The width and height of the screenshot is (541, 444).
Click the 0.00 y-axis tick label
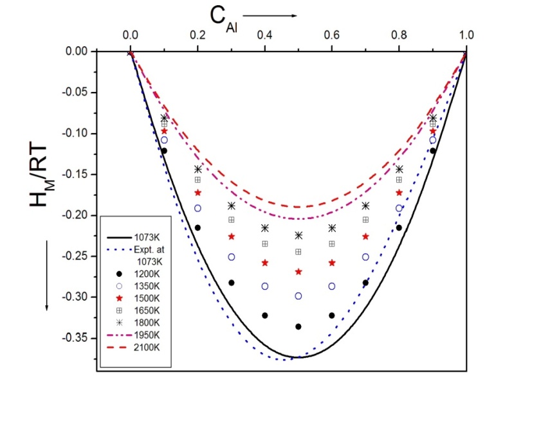(x=80, y=51)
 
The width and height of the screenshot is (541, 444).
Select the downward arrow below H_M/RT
(x=46, y=283)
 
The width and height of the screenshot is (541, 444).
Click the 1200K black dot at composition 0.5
(x=298, y=326)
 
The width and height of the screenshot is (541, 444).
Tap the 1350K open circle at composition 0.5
(x=298, y=296)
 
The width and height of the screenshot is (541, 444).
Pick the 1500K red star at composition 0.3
(x=232, y=236)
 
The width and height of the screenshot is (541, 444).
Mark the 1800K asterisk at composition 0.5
(x=298, y=235)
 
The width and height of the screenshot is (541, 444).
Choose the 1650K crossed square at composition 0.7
(x=365, y=220)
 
